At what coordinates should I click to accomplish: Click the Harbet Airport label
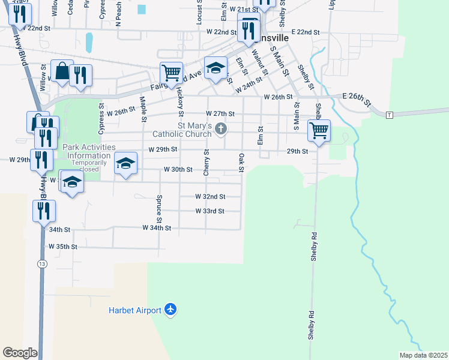(x=135, y=310)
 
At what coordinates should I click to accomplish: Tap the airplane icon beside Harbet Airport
(x=170, y=310)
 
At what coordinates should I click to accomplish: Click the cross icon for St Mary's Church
(x=221, y=128)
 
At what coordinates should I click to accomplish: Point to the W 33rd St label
(x=209, y=211)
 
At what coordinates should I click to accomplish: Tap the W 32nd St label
(x=210, y=196)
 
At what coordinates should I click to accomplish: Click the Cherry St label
(x=206, y=163)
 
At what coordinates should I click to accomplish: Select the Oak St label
(x=241, y=162)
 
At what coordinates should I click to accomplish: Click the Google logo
(x=20, y=353)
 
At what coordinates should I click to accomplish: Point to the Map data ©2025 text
(x=423, y=355)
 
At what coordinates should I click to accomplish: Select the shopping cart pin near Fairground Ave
(x=172, y=73)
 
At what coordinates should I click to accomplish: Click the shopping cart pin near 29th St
(x=319, y=129)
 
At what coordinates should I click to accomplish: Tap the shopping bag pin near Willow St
(x=62, y=70)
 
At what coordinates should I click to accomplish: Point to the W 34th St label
(x=157, y=228)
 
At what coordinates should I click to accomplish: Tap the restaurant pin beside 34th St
(x=44, y=211)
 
